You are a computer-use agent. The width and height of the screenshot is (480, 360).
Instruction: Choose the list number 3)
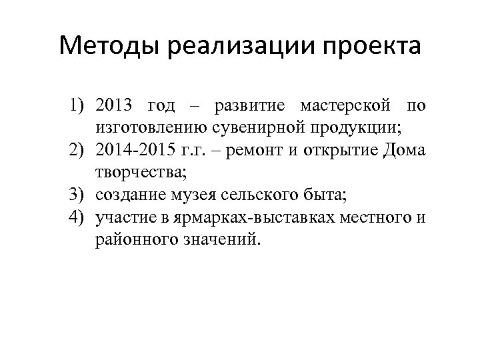pyautogui.click(x=81, y=195)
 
